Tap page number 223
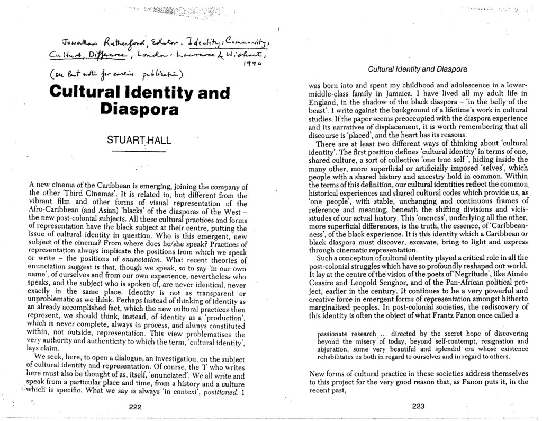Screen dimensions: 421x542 pos(418,406)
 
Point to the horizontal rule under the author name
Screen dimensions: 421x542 pos(139,153)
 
